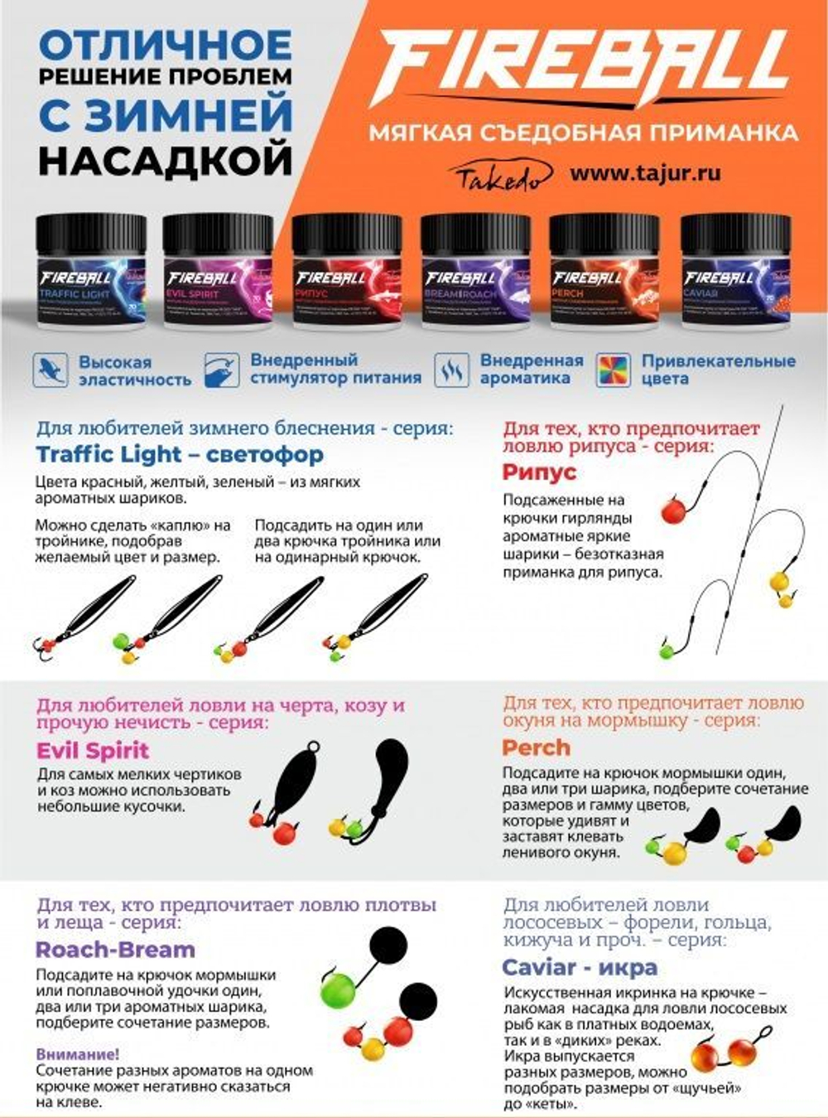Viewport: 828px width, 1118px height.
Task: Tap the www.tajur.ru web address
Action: (645, 173)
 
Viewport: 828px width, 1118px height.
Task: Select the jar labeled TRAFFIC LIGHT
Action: (91, 273)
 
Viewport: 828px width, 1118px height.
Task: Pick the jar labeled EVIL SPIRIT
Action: (218, 273)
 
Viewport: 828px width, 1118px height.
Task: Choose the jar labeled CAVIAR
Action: (735, 273)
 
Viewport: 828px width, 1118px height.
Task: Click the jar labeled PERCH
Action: (604, 273)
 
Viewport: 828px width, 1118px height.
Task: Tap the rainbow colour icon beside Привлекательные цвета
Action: (614, 370)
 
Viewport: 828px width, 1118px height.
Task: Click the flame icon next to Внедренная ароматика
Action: (451, 370)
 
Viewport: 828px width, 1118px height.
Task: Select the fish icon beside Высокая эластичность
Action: (50, 370)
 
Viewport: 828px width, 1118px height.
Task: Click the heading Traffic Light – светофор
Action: (180, 454)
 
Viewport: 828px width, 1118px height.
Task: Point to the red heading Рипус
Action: (538, 472)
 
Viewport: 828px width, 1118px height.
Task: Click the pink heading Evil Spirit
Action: (93, 751)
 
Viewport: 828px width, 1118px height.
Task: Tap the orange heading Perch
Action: (536, 748)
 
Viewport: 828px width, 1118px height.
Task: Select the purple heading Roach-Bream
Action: (115, 950)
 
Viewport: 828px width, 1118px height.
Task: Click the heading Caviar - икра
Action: (580, 967)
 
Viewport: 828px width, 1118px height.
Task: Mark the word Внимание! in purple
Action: (77, 1054)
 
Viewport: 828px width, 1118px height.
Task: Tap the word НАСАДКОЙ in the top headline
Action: (166, 160)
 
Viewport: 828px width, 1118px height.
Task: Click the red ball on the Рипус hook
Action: (672, 510)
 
